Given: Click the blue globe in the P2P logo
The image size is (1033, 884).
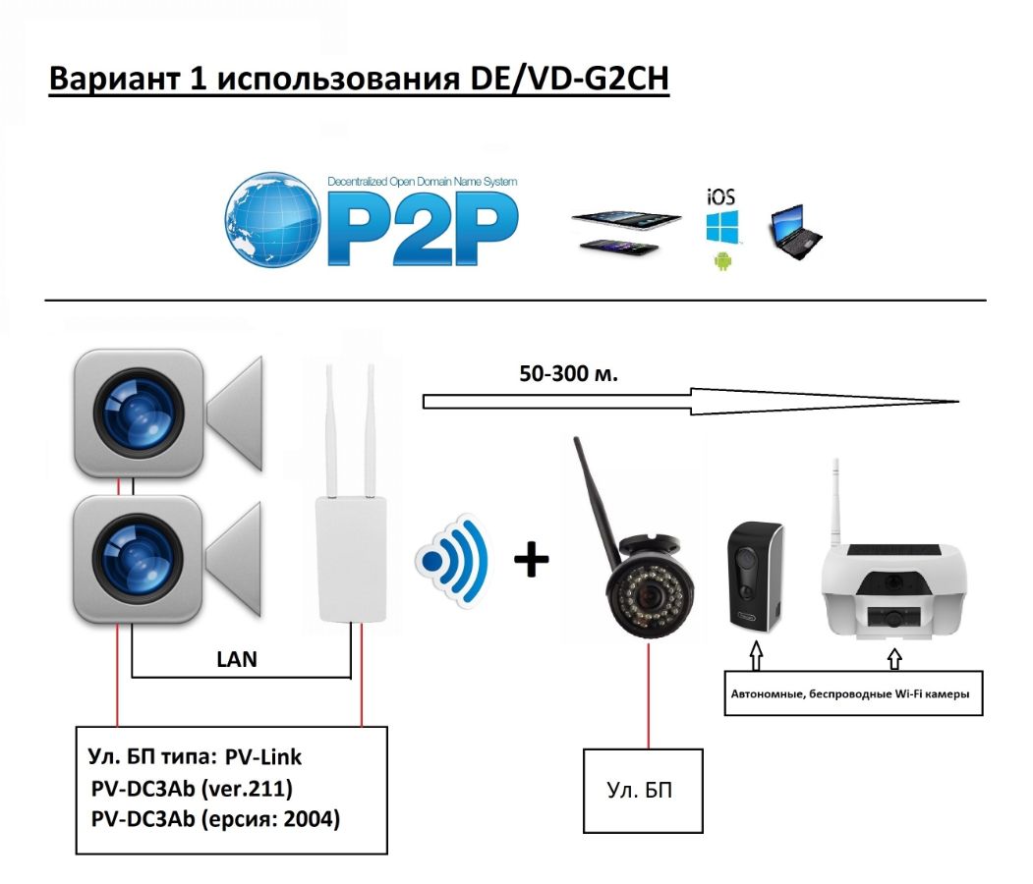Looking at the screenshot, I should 272,221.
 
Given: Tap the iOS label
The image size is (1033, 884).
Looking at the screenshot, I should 720,195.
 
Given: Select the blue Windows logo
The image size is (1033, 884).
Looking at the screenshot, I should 720,227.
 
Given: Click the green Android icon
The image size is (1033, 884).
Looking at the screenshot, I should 722,262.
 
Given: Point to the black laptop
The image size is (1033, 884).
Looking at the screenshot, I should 794,233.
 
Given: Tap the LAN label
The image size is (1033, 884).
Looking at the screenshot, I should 237,659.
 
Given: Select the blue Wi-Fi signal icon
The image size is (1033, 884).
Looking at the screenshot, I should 453,561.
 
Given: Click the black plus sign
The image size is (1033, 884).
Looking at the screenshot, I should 532,561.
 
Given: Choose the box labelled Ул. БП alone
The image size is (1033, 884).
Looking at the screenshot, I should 643,791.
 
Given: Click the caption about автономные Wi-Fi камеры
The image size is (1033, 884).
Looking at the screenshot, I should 850,693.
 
